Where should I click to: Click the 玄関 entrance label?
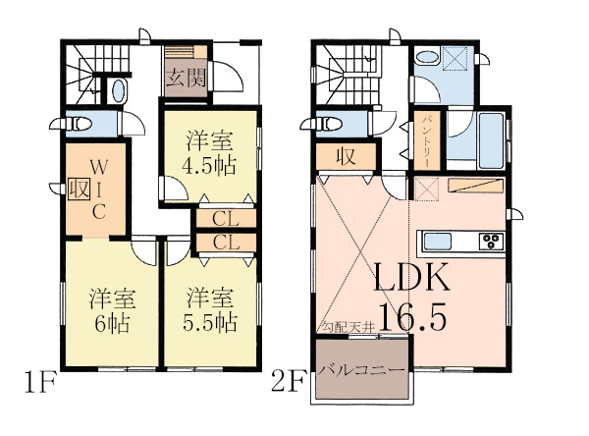point(187,79)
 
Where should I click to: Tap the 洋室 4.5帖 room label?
point(209,153)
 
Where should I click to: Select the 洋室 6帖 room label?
point(112,310)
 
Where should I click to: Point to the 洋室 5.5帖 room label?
point(210,310)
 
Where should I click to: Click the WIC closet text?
point(99,189)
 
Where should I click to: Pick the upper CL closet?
point(226,219)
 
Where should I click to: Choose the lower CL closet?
point(226,243)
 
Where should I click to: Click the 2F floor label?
point(288,381)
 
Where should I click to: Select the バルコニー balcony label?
point(361,370)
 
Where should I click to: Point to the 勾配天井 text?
point(348,327)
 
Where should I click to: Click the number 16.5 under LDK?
point(412,316)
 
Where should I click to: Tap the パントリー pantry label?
point(427,141)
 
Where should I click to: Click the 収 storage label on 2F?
point(346,156)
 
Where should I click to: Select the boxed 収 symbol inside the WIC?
point(79,189)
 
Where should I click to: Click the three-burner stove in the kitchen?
point(492,241)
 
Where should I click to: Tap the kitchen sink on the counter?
point(437,242)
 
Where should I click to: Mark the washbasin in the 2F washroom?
point(427,58)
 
